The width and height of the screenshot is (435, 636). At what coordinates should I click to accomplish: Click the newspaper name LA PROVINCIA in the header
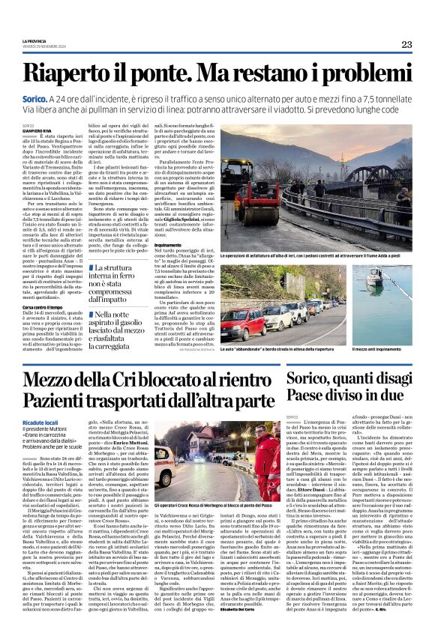point(35,40)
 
